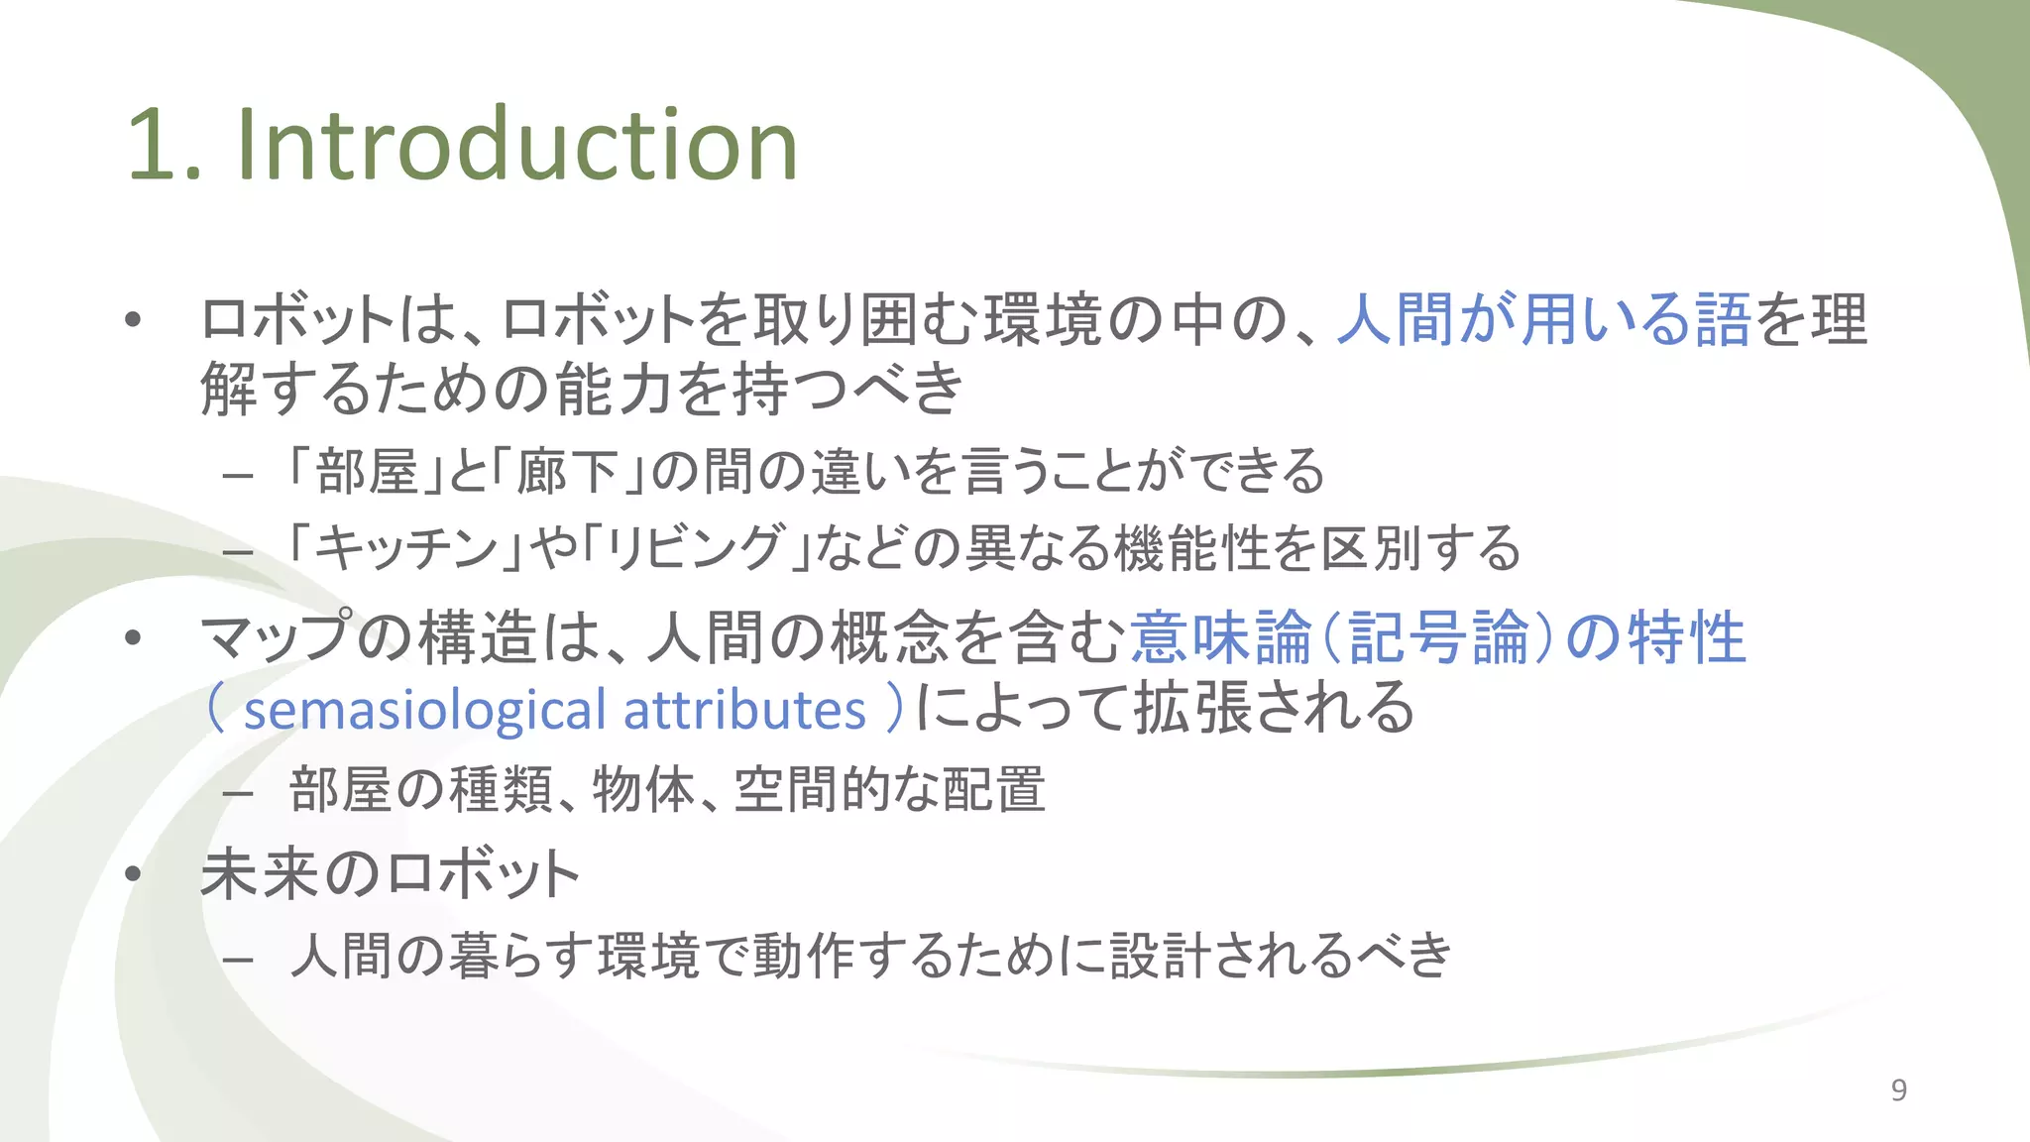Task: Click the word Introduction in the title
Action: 515,146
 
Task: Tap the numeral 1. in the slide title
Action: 164,146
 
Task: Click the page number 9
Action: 1898,1090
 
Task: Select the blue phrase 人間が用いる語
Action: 1543,320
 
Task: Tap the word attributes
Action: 744,710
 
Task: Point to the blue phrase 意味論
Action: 1220,637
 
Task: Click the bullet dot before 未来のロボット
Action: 134,875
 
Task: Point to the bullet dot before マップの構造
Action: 134,638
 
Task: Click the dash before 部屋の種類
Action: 238,793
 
